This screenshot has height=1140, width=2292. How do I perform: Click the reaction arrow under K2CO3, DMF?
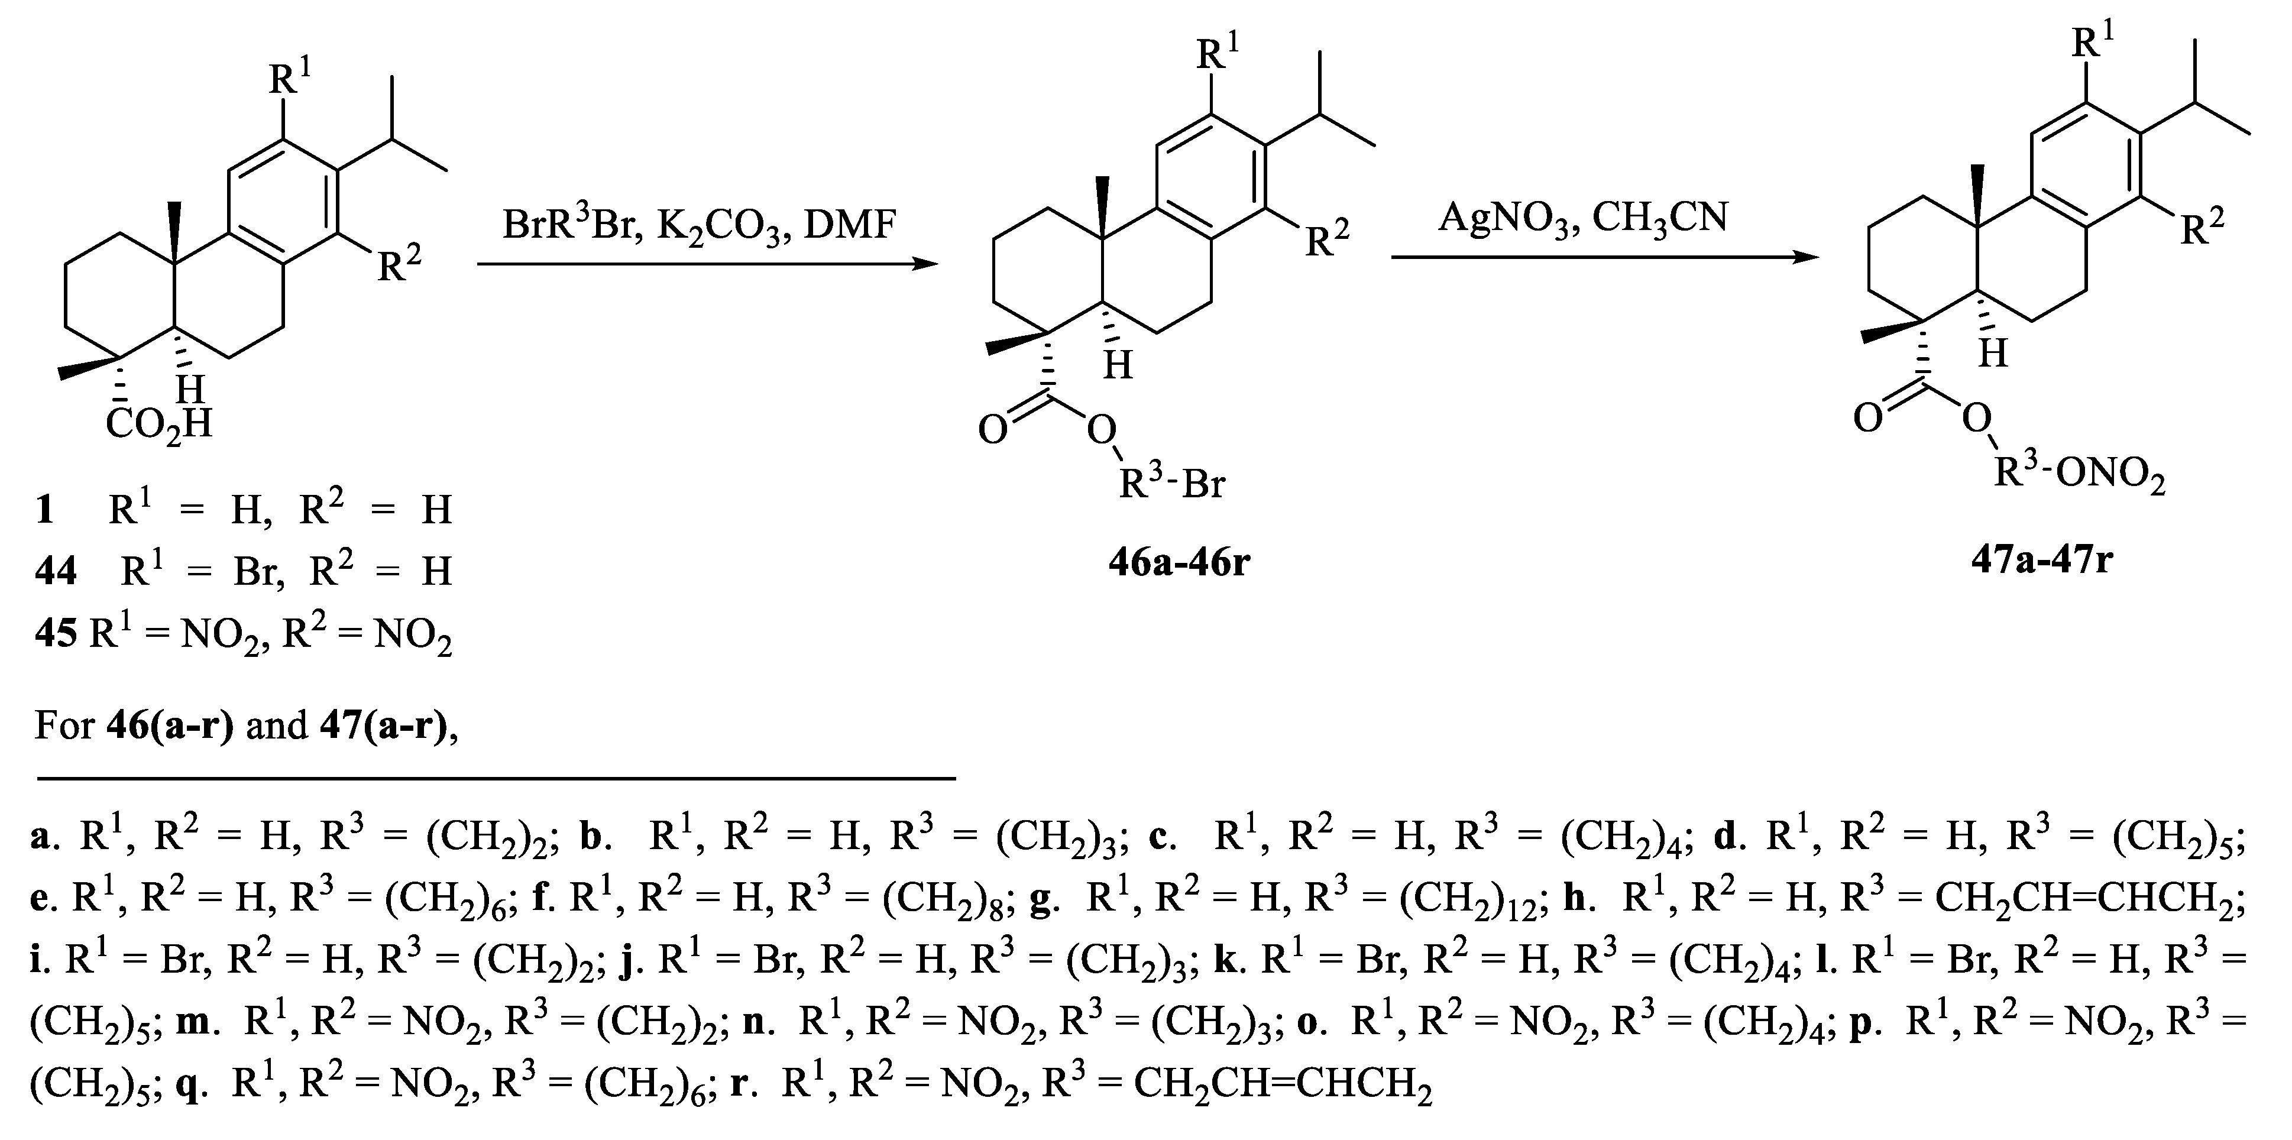707,264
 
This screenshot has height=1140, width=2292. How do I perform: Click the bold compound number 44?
55,571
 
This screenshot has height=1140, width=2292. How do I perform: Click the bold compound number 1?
44,510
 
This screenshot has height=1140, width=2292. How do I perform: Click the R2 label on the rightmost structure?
2202,228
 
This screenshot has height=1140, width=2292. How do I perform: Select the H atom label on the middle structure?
1118,365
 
